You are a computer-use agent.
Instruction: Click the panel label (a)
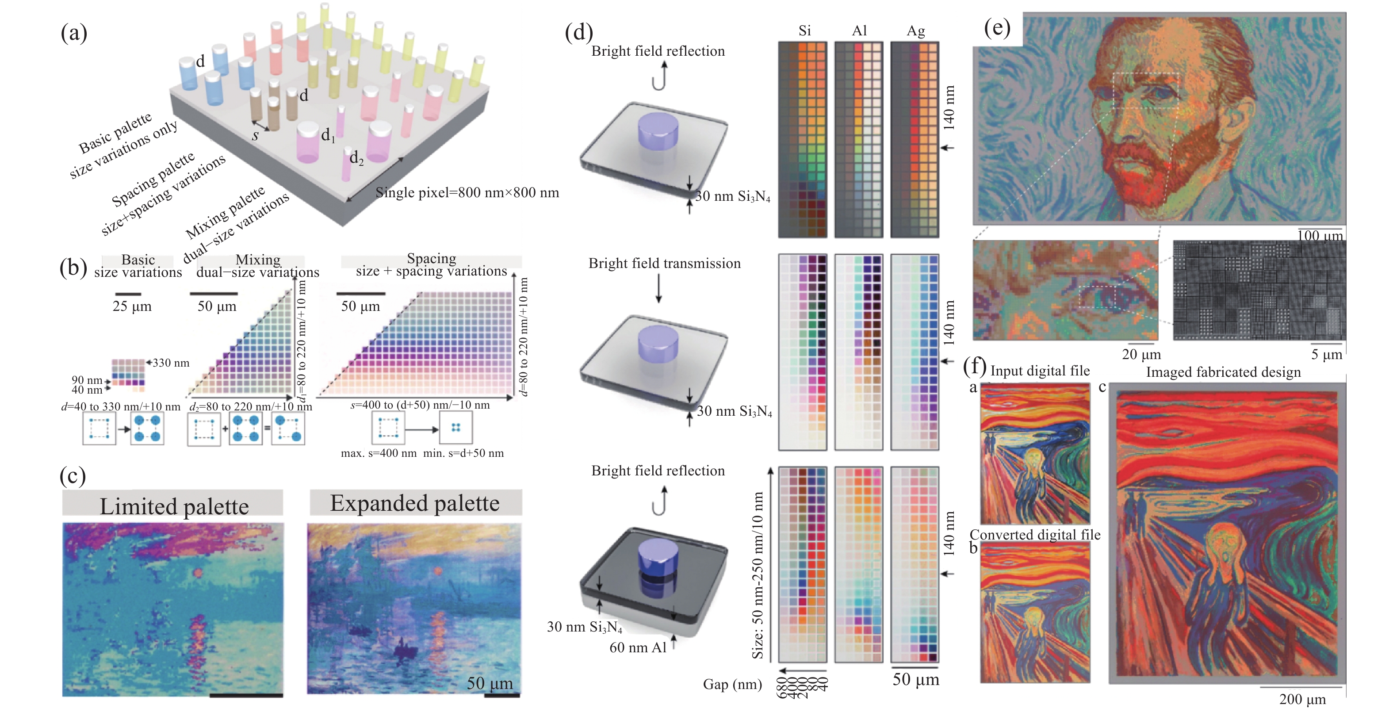coord(74,33)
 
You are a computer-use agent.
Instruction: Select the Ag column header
coord(915,31)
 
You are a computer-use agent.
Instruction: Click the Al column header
coord(859,31)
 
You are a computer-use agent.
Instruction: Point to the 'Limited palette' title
coord(174,506)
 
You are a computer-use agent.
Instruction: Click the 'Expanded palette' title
coord(415,503)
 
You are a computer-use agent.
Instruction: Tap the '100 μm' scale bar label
coord(1320,236)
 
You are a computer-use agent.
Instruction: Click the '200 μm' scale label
coord(1302,699)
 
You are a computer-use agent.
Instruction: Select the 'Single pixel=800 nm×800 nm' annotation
coord(467,192)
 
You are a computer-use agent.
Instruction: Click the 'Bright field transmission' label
coord(664,263)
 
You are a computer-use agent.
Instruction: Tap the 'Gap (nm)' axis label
coord(732,685)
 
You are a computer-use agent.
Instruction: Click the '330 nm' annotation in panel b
coord(171,363)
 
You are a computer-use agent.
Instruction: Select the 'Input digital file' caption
coord(1039,371)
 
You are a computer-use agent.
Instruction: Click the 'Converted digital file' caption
coord(1034,535)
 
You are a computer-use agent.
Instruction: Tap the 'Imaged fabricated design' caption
coord(1223,372)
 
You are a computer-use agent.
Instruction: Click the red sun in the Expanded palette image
coord(437,571)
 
